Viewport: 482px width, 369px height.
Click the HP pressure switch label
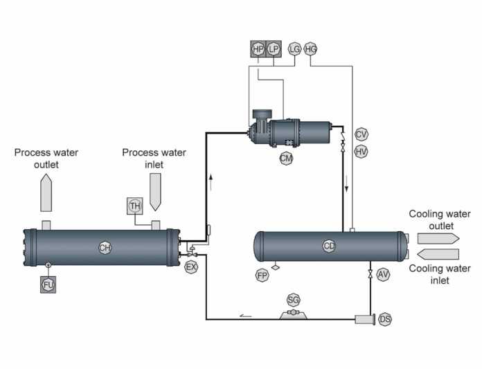[x=258, y=49]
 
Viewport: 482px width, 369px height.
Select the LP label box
[x=274, y=49]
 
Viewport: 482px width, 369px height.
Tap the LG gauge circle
[x=294, y=49]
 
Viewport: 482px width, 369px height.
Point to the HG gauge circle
[x=310, y=49]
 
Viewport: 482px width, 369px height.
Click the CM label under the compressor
[x=286, y=159]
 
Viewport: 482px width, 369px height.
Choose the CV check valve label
[x=361, y=134]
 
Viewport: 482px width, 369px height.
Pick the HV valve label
[x=361, y=152]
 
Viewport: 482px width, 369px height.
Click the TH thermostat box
[x=135, y=206]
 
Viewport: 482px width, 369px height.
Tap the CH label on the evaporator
[x=105, y=248]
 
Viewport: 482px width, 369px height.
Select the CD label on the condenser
[x=329, y=246]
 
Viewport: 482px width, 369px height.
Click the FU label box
[x=48, y=285]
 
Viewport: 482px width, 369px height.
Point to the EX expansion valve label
[x=191, y=267]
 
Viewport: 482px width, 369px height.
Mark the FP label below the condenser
[x=262, y=276]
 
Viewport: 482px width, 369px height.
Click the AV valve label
[x=383, y=274]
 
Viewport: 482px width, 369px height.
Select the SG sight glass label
[x=293, y=300]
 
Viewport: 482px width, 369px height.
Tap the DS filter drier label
[x=385, y=320]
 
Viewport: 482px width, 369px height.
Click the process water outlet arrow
[x=46, y=193]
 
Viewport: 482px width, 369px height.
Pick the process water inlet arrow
[x=155, y=192]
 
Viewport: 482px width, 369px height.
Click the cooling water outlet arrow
[x=438, y=239]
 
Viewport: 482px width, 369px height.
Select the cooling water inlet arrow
[x=438, y=254]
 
